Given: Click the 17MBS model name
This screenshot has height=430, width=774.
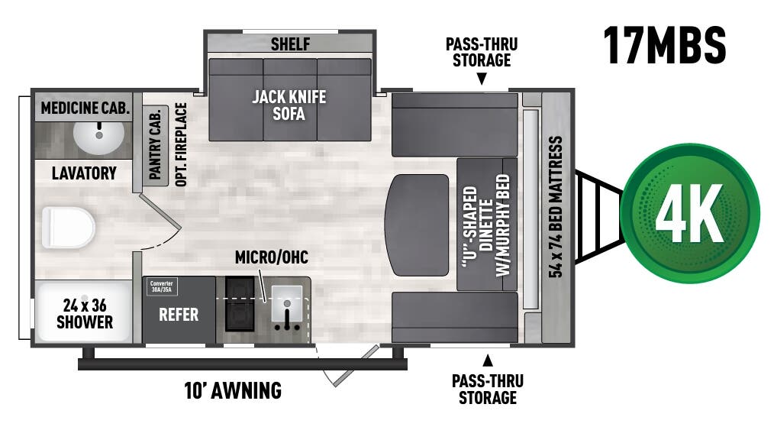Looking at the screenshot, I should pos(664,45).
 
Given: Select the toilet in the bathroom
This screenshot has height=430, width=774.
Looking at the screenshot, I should pos(68,227).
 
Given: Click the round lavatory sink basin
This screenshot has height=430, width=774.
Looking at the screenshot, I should pos(99,137).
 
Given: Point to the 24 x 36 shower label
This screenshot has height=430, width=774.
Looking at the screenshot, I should pos(85,314).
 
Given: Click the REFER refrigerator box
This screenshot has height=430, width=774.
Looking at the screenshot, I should pos(179,315).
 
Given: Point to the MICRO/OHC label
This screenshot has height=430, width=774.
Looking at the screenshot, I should pos(267,257).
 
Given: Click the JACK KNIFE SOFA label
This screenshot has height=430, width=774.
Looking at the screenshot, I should pos(289,105).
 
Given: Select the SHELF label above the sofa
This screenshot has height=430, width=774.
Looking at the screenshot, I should pos(290,44).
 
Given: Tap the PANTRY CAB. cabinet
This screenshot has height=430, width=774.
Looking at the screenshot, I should pos(154,145).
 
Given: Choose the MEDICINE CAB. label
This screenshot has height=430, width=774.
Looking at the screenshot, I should pos(85,108).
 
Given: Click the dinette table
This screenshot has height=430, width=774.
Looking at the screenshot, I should pos(418,225).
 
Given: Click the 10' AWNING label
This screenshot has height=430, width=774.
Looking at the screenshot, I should pos(233,391).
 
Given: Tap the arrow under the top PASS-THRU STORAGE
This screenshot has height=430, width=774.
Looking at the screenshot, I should pos(482,79).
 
